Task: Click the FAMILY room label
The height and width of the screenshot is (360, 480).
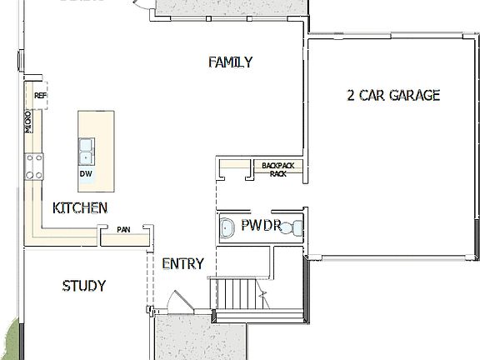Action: [x=230, y=62]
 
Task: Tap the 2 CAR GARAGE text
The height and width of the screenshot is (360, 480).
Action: [x=393, y=95]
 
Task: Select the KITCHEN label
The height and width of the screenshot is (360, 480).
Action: [x=79, y=207]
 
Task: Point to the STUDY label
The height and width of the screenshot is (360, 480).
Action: [x=83, y=286]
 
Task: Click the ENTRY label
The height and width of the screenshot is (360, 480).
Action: [x=182, y=264]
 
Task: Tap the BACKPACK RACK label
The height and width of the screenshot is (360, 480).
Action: [x=277, y=169]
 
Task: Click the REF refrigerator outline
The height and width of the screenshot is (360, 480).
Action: [x=40, y=96]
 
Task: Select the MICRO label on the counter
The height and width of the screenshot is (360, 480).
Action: [x=28, y=122]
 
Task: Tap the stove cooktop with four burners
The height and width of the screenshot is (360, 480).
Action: [x=34, y=167]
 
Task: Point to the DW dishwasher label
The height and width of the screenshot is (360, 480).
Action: [x=86, y=174]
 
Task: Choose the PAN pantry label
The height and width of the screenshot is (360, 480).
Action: [x=123, y=229]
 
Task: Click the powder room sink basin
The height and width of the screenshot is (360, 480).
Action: [x=227, y=227]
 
